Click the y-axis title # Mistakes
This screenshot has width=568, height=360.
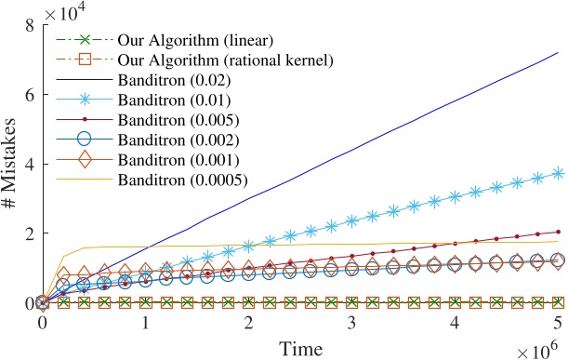coord(13,164)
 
